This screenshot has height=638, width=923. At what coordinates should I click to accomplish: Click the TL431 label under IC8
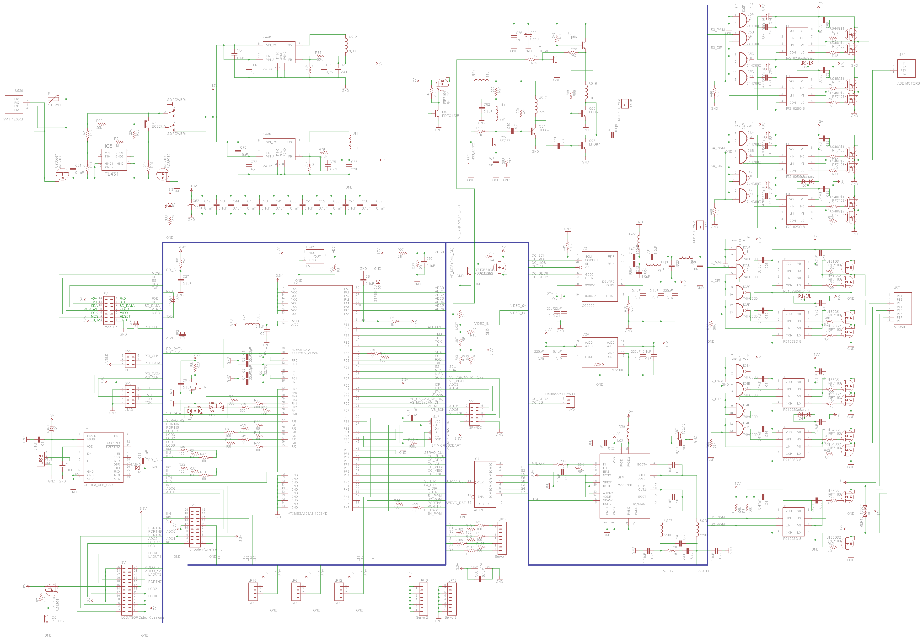point(112,174)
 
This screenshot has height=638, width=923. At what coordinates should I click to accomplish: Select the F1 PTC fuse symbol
point(53,99)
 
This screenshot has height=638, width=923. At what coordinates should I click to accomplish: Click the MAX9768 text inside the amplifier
point(624,485)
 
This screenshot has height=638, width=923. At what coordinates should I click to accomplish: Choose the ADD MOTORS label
point(908,84)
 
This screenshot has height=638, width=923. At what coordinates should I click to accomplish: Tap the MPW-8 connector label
point(899,327)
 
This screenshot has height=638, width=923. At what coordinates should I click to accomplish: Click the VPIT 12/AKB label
point(13,119)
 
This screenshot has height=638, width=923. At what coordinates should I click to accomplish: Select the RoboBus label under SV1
point(110,327)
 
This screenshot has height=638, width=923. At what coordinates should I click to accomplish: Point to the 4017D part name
point(479,510)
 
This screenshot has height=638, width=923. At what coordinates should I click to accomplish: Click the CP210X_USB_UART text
point(99,485)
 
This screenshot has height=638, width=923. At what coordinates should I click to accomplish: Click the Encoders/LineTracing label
point(205,549)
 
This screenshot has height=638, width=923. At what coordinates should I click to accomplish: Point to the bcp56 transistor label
point(572,37)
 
